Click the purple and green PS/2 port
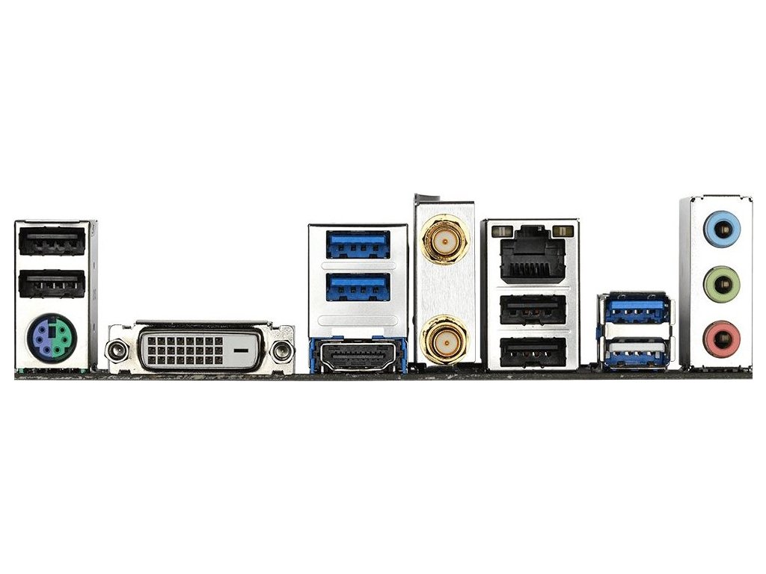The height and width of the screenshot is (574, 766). click(49, 339)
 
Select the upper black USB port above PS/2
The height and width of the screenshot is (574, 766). click(52, 243)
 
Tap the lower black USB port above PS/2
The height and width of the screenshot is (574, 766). click(52, 284)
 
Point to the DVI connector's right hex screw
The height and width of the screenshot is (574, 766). click(282, 350)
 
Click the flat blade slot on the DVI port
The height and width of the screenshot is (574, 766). click(242, 349)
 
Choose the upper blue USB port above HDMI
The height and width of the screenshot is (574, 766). click(358, 244)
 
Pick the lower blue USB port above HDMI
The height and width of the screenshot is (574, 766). click(358, 285)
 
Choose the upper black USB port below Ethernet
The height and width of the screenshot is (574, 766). click(532, 309)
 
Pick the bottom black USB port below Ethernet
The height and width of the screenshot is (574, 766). click(532, 351)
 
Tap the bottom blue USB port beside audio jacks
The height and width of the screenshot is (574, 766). click(636, 353)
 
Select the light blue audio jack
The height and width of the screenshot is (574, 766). click(722, 227)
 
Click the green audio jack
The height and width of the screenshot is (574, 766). click(722, 283)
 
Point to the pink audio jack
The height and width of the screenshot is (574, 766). click(722, 339)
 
